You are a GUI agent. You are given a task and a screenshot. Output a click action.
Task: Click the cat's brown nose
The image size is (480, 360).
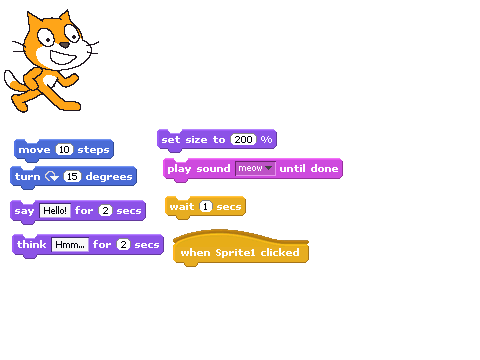pyautogui.click(x=64, y=45)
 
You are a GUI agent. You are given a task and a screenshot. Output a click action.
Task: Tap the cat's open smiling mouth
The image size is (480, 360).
pyautogui.click(x=63, y=57)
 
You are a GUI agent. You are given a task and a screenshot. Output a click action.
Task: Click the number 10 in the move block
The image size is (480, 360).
pyautogui.click(x=64, y=150)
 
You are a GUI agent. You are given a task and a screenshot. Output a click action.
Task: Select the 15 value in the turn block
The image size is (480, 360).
pyautogui.click(x=72, y=176)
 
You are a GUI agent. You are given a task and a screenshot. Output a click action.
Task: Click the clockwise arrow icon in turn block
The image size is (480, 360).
pyautogui.click(x=52, y=176)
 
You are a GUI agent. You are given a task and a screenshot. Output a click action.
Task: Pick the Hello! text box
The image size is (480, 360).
pyautogui.click(x=55, y=211)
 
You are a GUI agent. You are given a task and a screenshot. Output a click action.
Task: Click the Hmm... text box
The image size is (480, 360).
pyautogui.click(x=70, y=245)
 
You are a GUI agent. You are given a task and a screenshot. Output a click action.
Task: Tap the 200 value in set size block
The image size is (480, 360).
pyautogui.click(x=244, y=139)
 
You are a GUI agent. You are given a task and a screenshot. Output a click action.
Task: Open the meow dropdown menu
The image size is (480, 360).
pyautogui.click(x=255, y=168)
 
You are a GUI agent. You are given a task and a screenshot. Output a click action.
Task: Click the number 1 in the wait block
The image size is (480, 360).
pyautogui.click(x=206, y=207)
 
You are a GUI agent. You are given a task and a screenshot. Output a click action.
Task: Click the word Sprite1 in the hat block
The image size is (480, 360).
pyautogui.click(x=234, y=252)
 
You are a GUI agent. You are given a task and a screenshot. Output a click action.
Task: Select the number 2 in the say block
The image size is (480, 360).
pyautogui.click(x=105, y=211)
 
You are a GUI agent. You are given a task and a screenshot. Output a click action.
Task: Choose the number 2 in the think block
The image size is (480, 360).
pyautogui.click(x=123, y=245)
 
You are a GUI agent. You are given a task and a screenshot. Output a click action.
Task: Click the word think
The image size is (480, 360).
pyautogui.click(x=32, y=244)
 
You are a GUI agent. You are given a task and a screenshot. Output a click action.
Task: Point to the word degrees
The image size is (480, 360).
pyautogui.click(x=109, y=176)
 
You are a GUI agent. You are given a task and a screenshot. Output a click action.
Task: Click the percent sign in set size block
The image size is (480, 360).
pyautogui.click(x=266, y=139)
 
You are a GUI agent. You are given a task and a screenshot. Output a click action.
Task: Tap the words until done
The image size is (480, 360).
pyautogui.click(x=309, y=168)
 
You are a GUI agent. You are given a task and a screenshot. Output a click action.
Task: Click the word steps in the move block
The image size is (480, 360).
pyautogui.click(x=93, y=150)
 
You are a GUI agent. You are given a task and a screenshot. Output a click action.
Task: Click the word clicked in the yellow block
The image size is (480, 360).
pyautogui.click(x=280, y=252)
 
